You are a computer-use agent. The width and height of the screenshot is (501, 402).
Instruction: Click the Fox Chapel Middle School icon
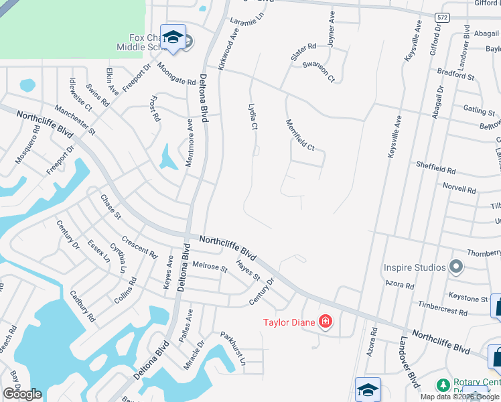point(173,38)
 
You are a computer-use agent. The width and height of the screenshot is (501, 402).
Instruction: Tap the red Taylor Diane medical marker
point(326,322)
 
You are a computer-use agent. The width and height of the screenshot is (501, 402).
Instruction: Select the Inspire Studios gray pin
point(456,267)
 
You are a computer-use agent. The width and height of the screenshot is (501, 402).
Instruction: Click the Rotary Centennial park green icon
point(443,385)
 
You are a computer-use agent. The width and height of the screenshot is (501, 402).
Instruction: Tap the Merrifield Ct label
point(299,133)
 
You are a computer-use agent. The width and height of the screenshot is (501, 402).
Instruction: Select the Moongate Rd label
point(176,73)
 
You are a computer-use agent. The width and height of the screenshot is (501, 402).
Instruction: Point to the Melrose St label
point(210,266)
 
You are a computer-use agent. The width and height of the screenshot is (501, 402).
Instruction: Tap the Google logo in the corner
point(22,393)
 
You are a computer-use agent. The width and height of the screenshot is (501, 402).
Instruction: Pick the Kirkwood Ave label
point(228,49)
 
